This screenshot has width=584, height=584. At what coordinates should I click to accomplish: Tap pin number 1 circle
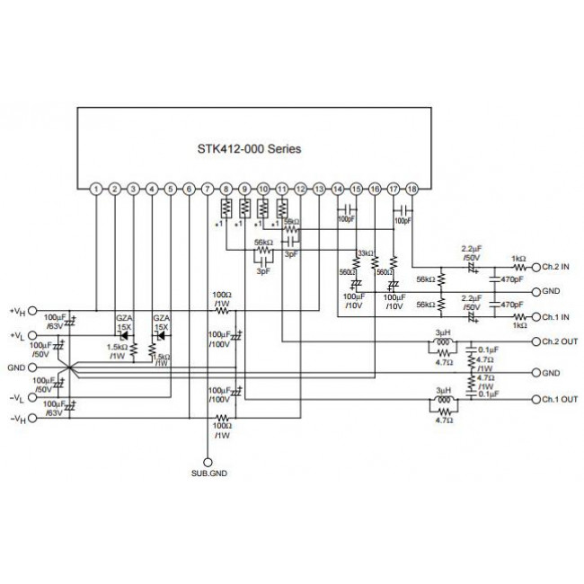tap(96, 190)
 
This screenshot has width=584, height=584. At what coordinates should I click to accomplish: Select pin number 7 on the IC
tap(208, 190)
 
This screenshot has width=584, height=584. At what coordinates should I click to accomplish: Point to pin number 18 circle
tap(411, 190)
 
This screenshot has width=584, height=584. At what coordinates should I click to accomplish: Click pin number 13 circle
tap(319, 190)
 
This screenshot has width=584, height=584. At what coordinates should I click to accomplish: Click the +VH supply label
tap(17, 312)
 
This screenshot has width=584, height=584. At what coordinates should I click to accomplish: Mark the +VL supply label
tap(17, 336)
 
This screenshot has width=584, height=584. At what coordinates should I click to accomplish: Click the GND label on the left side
tap(15, 367)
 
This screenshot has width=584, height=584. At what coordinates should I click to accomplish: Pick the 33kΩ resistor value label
tap(366, 253)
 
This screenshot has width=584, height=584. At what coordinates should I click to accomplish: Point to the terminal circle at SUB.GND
tap(208, 460)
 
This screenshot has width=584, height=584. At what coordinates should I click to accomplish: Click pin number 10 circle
tap(263, 190)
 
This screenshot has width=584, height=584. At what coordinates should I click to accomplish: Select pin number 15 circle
tap(356, 190)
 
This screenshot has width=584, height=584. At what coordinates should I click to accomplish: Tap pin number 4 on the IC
tap(152, 190)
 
